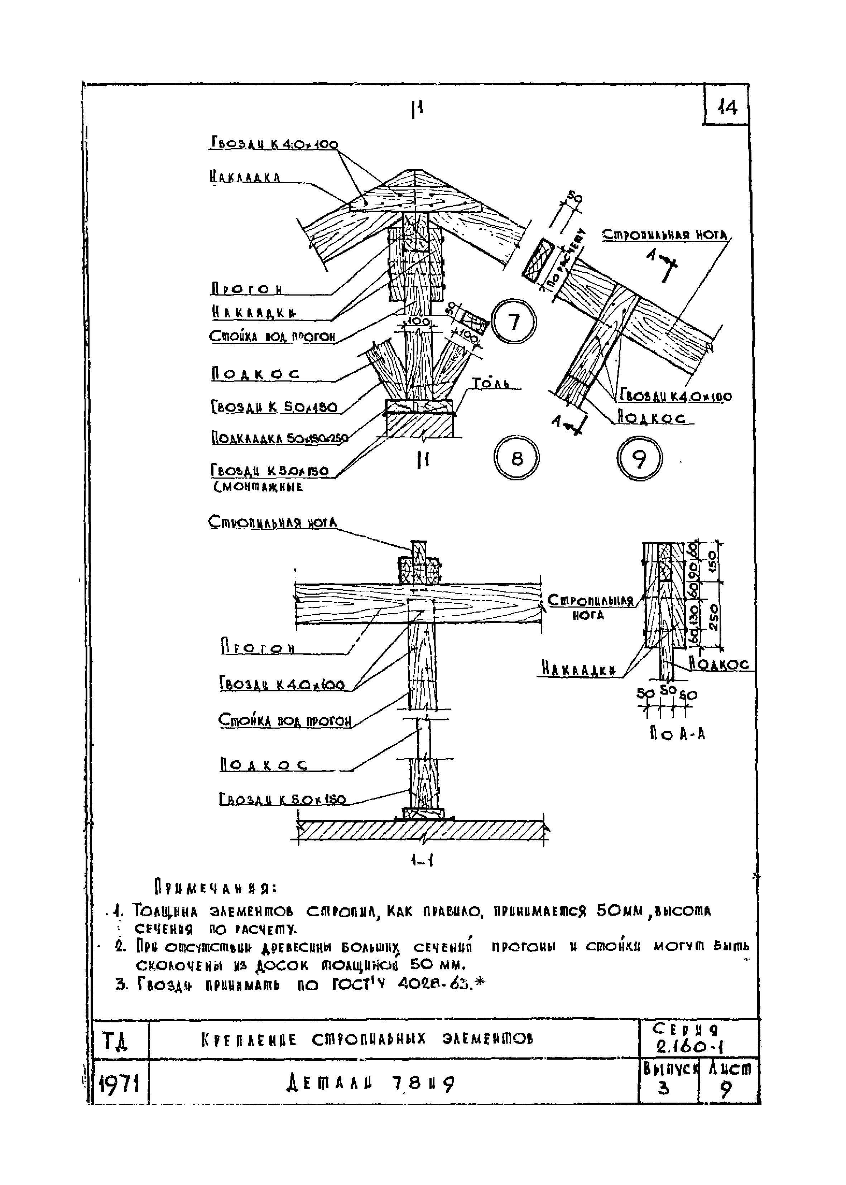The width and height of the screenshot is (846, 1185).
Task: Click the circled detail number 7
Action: [x=514, y=321]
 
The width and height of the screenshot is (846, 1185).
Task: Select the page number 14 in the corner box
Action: [x=727, y=108]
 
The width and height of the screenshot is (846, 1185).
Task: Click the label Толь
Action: [x=490, y=384]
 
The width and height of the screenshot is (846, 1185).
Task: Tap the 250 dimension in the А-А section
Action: [x=713, y=616]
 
